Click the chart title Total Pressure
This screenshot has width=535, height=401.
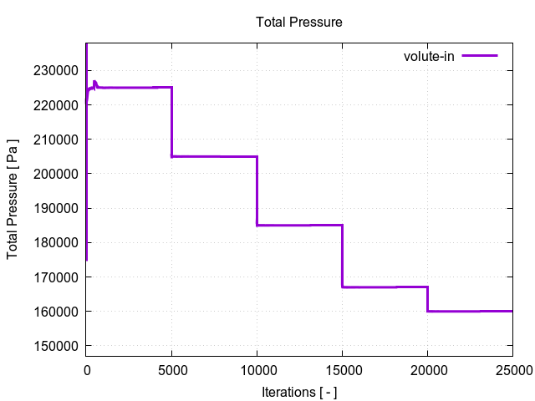298,22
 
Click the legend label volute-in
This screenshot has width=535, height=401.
429,56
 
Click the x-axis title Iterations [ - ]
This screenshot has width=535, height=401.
298,392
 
